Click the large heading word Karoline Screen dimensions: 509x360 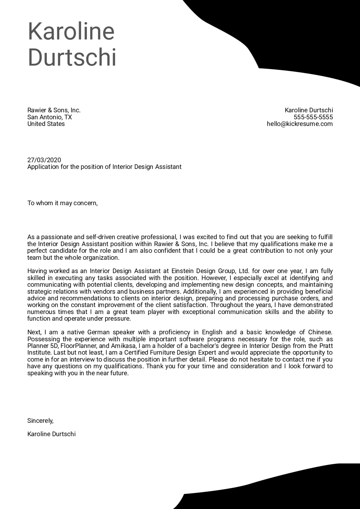click(x=71, y=31)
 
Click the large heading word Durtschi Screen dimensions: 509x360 click(x=72, y=57)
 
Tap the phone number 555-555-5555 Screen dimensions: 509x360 click(x=313, y=117)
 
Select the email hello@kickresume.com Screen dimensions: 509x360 click(x=300, y=124)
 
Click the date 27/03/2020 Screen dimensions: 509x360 click(x=44, y=160)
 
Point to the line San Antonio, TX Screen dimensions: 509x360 click(x=49, y=117)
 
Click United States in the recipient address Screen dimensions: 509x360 click(x=46, y=124)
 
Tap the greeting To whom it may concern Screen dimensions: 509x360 click(x=62, y=203)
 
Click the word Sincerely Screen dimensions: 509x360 click(x=40, y=420)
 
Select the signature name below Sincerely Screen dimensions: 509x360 click(x=51, y=434)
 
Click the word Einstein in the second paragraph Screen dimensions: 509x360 click(x=183, y=271)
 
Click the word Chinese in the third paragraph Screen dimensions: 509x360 click(x=320, y=332)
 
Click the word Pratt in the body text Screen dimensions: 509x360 click(x=326, y=346)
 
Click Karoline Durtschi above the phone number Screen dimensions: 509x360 click(x=309, y=110)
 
